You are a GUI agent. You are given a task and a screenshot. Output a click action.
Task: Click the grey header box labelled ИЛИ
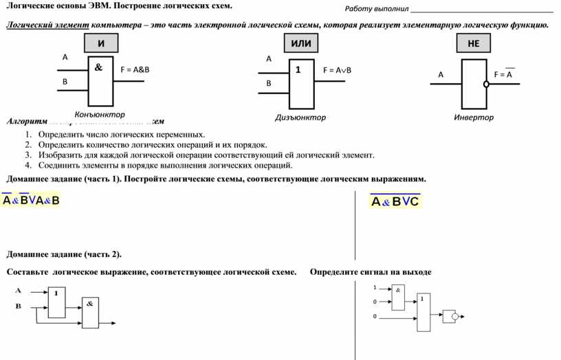pyautogui.click(x=301, y=43)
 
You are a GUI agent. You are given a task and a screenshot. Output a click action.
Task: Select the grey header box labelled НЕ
pyautogui.click(x=474, y=43)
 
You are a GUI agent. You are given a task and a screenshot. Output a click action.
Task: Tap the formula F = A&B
pyautogui.click(x=135, y=69)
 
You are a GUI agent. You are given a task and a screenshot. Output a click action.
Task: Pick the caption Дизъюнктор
pyautogui.click(x=300, y=117)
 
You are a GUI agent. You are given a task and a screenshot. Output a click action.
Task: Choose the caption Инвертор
pyautogui.click(x=474, y=117)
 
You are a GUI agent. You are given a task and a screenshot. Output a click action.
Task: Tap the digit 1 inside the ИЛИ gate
pyautogui.click(x=298, y=70)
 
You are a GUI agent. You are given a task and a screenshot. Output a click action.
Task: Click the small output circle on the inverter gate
pyautogui.click(x=486, y=85)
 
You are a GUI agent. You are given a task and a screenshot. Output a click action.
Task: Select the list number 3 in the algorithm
pyautogui.click(x=28, y=155)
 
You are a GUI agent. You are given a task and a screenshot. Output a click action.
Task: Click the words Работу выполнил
pyautogui.click(x=377, y=9)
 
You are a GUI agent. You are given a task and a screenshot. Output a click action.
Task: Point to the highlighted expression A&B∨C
pyautogui.click(x=395, y=201)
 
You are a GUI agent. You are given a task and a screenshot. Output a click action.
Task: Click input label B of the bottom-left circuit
pyautogui.click(x=19, y=306)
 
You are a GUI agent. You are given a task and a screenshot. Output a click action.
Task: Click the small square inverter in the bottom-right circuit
pyautogui.click(x=450, y=316)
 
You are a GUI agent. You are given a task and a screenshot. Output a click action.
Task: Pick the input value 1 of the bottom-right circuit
pyautogui.click(x=375, y=286)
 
